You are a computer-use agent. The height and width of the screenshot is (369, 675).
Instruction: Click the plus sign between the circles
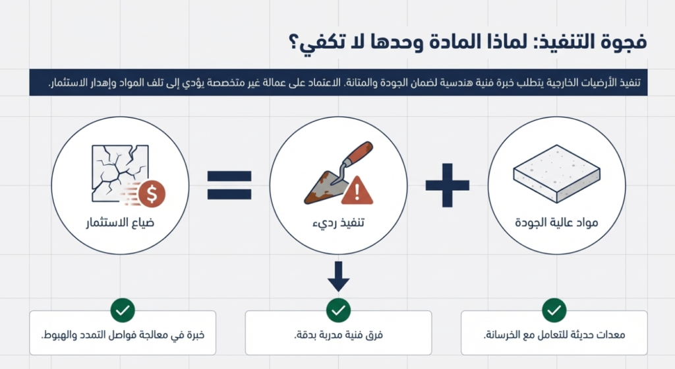click(448, 185)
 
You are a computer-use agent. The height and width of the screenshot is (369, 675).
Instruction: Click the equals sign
click(229, 185)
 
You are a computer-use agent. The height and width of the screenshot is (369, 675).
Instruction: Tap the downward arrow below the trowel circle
click(338, 277)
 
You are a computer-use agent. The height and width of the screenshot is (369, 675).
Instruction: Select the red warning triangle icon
click(357, 190)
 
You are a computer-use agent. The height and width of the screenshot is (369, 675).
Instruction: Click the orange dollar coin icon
click(152, 193)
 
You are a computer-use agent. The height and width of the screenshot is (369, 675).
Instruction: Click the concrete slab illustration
click(556, 174)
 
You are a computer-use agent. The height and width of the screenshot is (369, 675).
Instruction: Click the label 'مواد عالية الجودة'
click(556, 222)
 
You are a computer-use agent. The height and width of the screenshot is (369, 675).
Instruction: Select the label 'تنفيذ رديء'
click(338, 223)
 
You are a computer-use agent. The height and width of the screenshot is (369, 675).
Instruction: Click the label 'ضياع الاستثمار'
click(120, 222)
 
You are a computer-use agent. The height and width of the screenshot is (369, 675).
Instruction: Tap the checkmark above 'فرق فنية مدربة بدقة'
click(338, 310)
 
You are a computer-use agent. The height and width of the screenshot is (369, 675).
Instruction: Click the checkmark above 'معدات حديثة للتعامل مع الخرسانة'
click(554, 310)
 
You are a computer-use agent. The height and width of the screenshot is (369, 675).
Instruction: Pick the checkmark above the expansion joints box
click(123, 310)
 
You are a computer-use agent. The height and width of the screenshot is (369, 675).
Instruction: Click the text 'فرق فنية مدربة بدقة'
click(338, 335)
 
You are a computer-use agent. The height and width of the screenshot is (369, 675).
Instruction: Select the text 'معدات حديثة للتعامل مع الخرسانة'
click(554, 335)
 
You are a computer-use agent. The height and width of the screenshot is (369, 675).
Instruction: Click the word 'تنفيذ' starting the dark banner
click(630, 83)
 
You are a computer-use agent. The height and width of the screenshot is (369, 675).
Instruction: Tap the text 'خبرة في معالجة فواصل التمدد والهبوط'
click(123, 335)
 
